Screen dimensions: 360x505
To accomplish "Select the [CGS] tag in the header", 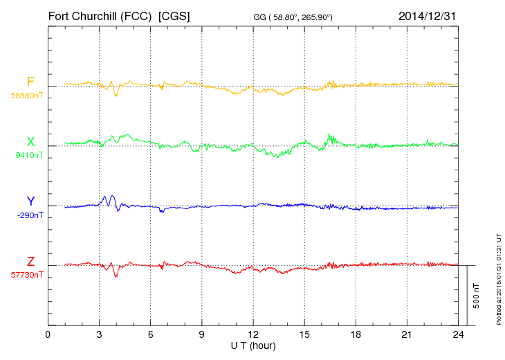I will tap(174, 15).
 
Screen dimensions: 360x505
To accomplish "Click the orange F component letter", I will tap(30, 82).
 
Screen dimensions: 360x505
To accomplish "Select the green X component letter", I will tap(30, 142).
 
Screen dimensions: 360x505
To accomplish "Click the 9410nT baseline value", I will tap(29, 155).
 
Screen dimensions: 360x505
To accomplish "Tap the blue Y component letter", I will tap(30, 201).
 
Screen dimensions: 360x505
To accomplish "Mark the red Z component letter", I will tap(30, 261).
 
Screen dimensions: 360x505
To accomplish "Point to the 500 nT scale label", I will tap(477, 296).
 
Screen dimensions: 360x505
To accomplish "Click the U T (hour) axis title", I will tap(252, 345).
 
